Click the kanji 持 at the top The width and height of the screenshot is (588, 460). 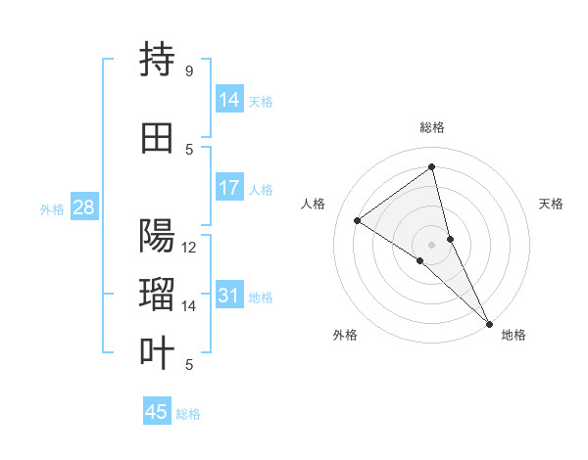[158, 60]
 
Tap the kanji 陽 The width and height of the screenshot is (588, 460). [158, 236]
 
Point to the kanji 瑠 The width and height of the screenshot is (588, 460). [158, 295]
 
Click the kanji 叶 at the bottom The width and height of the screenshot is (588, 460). [158, 353]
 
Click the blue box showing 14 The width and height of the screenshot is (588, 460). [229, 99]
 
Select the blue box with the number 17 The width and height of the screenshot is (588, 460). [229, 187]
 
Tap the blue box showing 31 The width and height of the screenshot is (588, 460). [229, 296]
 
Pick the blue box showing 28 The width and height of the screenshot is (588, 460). [83, 207]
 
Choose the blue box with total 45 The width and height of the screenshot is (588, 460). [157, 412]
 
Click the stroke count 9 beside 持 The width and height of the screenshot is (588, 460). [189, 70]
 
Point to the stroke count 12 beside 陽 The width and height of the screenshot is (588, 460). [189, 247]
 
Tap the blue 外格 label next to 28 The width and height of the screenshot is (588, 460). [52, 209]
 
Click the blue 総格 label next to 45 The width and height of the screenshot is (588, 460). [188, 414]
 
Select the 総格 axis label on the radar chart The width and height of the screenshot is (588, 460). [432, 127]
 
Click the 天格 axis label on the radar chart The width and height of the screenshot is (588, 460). [552, 204]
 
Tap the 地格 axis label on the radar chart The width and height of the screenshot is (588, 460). [514, 336]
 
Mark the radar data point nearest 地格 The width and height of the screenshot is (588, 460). [489, 323]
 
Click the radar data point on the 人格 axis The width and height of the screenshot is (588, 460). [358, 220]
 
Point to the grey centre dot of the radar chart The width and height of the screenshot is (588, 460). [432, 244]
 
